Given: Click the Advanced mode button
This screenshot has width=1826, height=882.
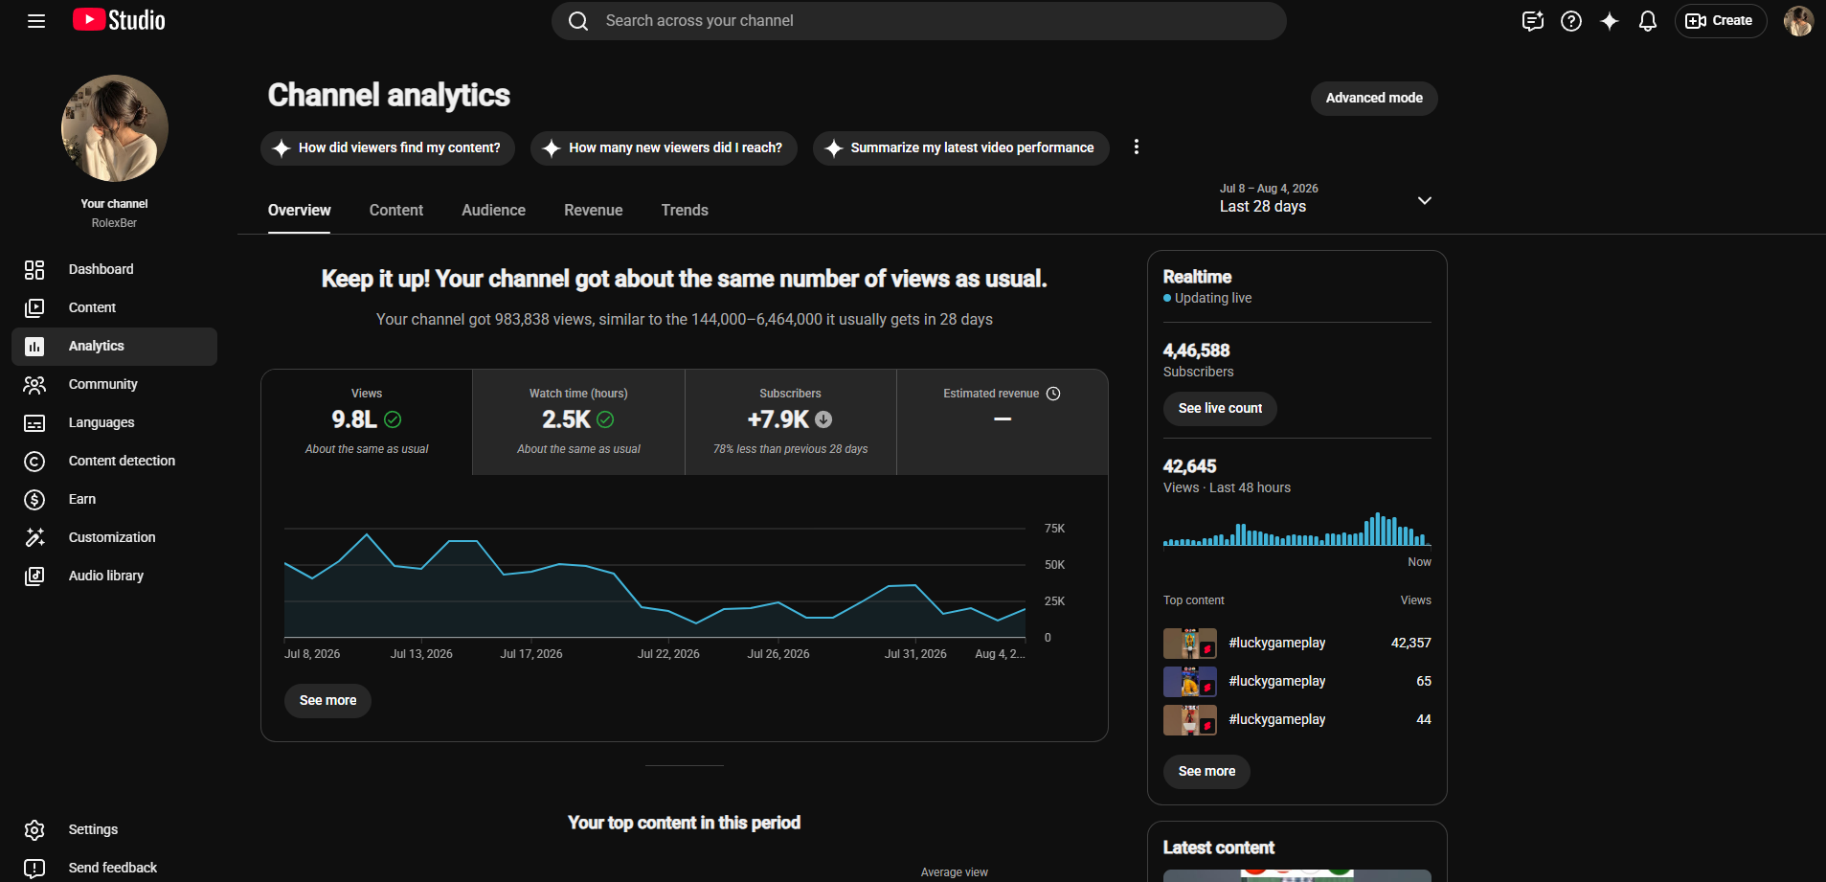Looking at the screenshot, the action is pyautogui.click(x=1373, y=99).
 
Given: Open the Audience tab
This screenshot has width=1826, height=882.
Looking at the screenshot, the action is pyautogui.click(x=493, y=211).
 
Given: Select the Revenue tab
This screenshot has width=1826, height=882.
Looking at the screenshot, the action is pyautogui.click(x=593, y=211).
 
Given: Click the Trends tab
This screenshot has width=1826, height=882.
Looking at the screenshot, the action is pyautogui.click(x=685, y=211).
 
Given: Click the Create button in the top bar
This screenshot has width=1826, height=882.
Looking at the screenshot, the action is pyautogui.click(x=1720, y=21).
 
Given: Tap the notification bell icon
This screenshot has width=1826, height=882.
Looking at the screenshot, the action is pyautogui.click(x=1647, y=21).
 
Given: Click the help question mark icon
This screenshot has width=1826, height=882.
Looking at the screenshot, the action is pyautogui.click(x=1570, y=21).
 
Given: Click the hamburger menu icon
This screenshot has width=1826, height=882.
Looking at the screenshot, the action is pyautogui.click(x=36, y=21).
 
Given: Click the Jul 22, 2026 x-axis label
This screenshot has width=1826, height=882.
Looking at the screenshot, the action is pyautogui.click(x=668, y=654).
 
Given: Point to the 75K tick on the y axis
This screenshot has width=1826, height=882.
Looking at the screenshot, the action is pyautogui.click(x=1054, y=529).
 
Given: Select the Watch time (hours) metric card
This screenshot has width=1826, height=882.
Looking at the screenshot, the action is pyautogui.click(x=578, y=421).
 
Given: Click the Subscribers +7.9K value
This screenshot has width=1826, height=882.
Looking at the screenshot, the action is pyautogui.click(x=778, y=419).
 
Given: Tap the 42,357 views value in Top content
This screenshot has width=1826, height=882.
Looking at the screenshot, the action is pyautogui.click(x=1410, y=643).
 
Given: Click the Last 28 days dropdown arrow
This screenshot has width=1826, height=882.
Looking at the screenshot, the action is pyautogui.click(x=1424, y=200).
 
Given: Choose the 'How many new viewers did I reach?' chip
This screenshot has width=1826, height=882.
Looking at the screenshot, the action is pyautogui.click(x=664, y=148).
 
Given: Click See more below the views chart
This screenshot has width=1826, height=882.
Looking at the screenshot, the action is pyautogui.click(x=327, y=701).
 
